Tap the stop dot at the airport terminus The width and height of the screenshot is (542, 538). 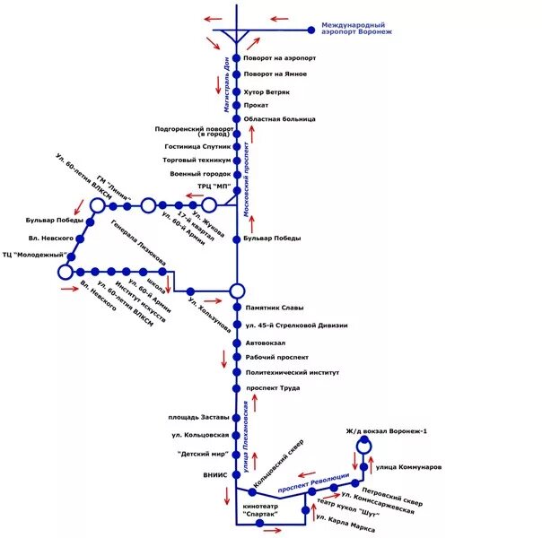click(x=311, y=30)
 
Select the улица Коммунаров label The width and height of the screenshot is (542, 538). click(x=408, y=467)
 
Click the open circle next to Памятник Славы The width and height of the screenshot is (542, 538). click(x=237, y=291)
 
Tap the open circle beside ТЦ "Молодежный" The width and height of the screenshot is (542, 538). click(x=66, y=271)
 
